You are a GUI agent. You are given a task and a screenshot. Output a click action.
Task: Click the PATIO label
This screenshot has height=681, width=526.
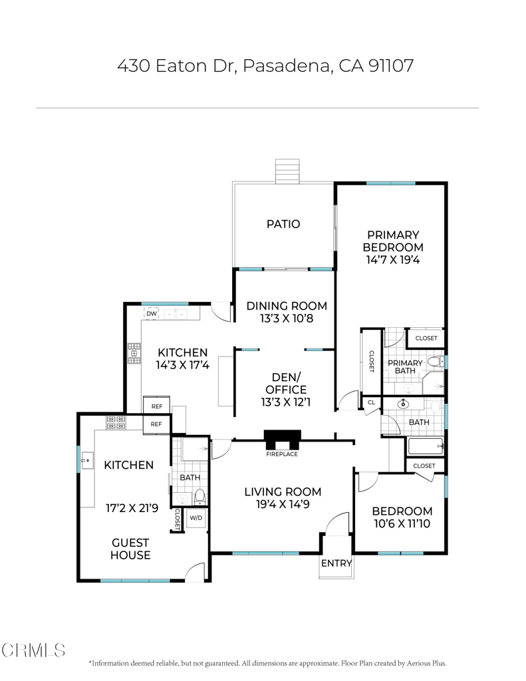click(x=283, y=224)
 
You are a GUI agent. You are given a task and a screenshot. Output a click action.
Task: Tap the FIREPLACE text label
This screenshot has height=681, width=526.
click(x=282, y=454)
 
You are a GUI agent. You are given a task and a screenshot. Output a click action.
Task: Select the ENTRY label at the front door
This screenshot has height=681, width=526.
click(x=336, y=563)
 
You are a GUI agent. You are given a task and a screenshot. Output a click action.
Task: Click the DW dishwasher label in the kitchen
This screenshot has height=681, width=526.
click(x=152, y=313)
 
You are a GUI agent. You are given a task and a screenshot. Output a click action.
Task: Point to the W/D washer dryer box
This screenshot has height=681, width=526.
click(x=196, y=517)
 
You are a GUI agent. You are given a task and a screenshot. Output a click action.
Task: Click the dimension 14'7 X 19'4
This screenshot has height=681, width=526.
click(x=393, y=260)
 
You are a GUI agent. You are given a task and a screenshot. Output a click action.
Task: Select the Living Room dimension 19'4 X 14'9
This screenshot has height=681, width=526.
click(x=282, y=505)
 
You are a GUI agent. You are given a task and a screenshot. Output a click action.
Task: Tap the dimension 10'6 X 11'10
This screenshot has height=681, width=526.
click(x=402, y=525)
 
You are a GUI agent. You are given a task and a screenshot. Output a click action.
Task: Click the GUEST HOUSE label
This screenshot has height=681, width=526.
click(x=130, y=549)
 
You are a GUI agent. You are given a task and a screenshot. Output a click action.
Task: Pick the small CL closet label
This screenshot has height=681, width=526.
click(x=370, y=402)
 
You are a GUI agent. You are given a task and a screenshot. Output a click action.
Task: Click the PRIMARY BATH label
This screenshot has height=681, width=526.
click(x=405, y=367)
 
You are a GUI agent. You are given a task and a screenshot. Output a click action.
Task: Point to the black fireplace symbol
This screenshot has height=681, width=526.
click(x=282, y=440)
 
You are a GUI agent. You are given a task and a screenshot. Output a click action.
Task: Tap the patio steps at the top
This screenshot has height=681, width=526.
click(x=288, y=171)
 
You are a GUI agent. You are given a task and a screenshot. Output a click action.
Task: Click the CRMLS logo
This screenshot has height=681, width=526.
click(x=33, y=650)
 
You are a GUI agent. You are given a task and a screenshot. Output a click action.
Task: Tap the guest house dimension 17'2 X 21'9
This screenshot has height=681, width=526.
click(x=132, y=508)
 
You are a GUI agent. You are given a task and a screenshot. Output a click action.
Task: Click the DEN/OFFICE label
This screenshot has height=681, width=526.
click(x=286, y=389)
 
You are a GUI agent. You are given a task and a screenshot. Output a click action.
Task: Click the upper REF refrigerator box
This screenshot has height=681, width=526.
click(x=157, y=406)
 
